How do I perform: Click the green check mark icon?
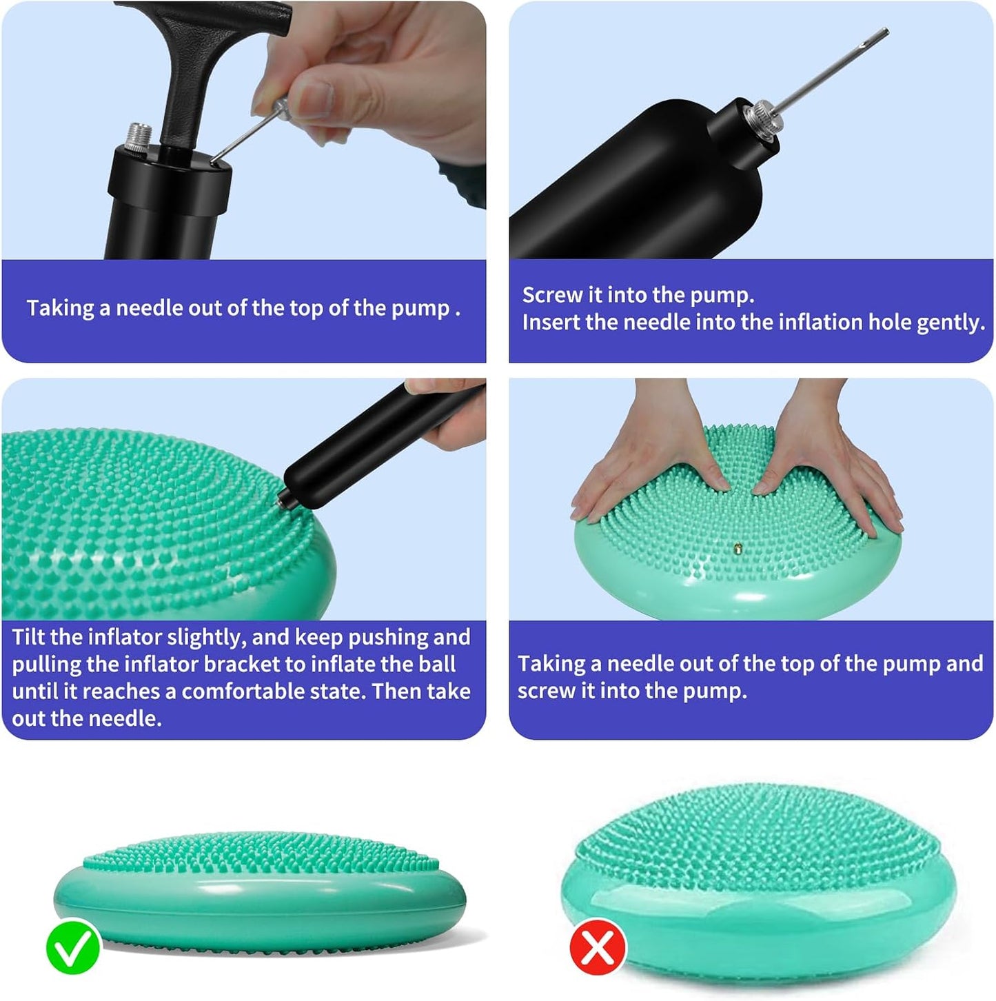pos(73,947)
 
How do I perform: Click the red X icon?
pos(598,947)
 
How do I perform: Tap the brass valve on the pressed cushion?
pos(738,547)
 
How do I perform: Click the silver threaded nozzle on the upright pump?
pos(139,137)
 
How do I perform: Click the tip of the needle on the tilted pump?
pos(886,30)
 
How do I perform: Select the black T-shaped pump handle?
pos(203,72)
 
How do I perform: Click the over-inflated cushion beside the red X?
pos(759,878)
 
